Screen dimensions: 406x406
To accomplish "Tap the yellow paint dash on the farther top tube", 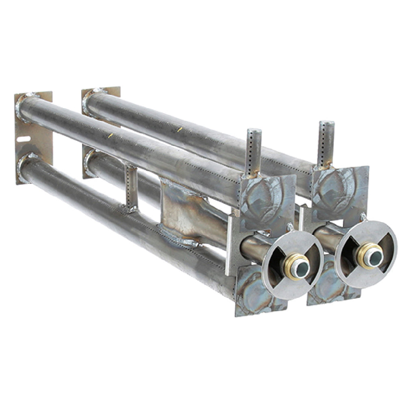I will [179, 129].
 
